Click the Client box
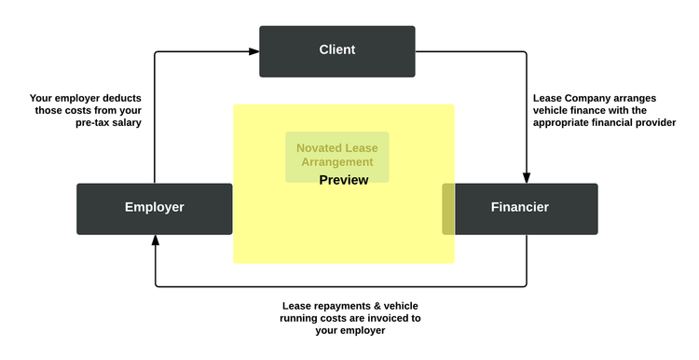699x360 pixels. [x=336, y=50]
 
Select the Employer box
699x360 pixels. [x=155, y=208]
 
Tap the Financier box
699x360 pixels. [x=519, y=208]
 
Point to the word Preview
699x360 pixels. [x=343, y=180]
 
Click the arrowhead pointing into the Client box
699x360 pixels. [x=254, y=51]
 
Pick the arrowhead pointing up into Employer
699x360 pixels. [x=155, y=240]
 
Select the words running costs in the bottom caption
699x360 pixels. [x=315, y=318]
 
